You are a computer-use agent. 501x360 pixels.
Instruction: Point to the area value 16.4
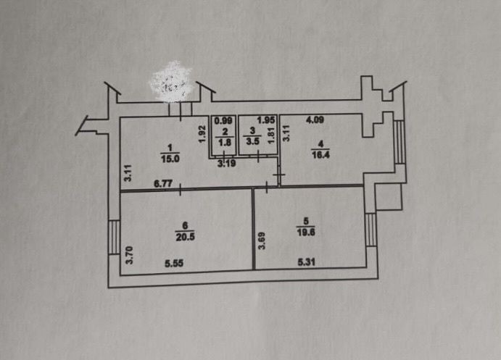pyautogui.click(x=317, y=153)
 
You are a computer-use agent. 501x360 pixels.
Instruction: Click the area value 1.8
pyautogui.click(x=225, y=142)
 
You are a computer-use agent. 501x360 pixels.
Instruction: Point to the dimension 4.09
pyautogui.click(x=314, y=120)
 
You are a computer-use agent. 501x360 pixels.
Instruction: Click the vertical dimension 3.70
pyautogui.click(x=129, y=256)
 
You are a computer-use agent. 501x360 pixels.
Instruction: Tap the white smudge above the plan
pyautogui.click(x=171, y=82)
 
